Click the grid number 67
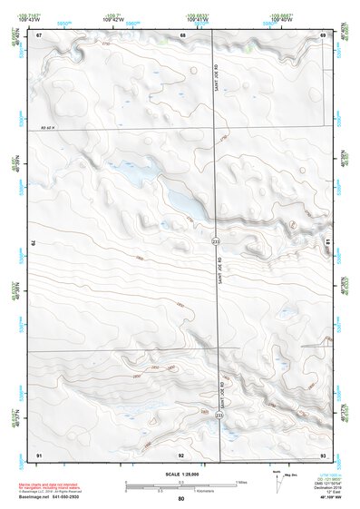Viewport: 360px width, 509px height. pyautogui.click(x=40, y=34)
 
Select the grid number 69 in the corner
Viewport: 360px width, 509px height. pyautogui.click(x=323, y=34)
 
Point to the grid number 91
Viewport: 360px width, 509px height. pyautogui.click(x=39, y=453)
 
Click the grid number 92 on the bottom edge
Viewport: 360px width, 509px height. pyautogui.click(x=181, y=454)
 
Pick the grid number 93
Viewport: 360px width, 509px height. pyautogui.click(x=323, y=453)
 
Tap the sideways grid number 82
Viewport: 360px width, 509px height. pyautogui.click(x=34, y=244)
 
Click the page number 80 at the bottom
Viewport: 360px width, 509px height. pyautogui.click(x=181, y=498)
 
